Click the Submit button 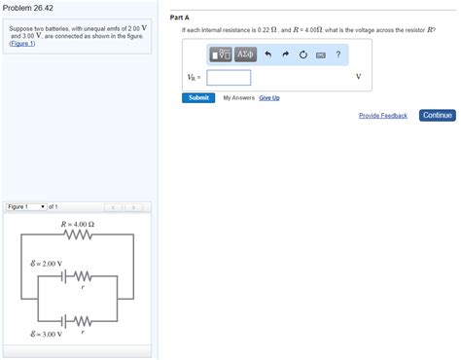tap(198, 97)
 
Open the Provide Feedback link tap(382, 116)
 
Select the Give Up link tap(269, 97)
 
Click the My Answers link tap(239, 97)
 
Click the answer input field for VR tap(229, 78)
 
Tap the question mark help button tap(338, 54)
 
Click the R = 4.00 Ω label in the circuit tap(78, 224)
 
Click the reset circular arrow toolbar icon tap(303, 54)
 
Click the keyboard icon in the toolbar tap(320, 54)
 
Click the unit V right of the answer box tap(358, 78)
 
